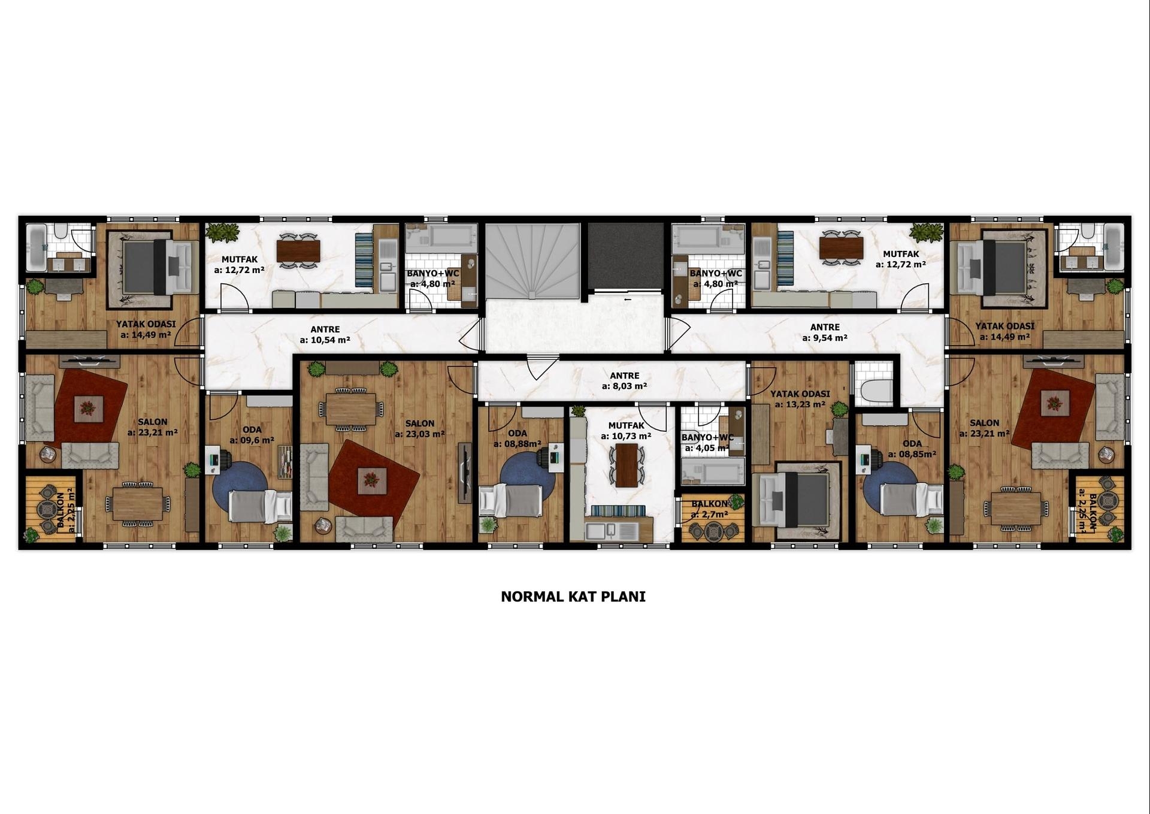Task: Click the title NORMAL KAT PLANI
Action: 573,597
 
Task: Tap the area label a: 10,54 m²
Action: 325,340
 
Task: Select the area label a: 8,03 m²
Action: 624,386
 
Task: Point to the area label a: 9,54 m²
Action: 825,338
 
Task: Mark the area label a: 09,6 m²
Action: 252,440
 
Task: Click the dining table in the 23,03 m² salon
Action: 352,408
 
